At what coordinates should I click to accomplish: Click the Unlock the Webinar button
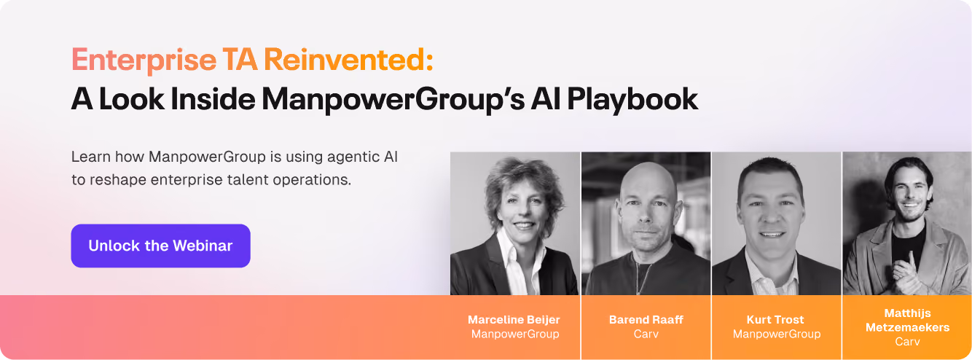coord(160,246)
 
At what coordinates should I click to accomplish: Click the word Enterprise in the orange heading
coord(144,60)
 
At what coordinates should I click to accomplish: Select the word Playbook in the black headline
coord(632,100)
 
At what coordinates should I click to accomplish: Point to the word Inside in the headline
coord(213,99)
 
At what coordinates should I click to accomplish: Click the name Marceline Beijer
coord(514,320)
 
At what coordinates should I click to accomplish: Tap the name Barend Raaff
coord(646,320)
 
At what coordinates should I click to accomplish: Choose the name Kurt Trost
coord(775,320)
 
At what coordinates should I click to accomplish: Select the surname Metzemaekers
coord(907,327)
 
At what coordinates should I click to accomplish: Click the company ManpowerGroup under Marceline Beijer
coord(515,334)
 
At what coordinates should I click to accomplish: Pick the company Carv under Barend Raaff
coord(646,334)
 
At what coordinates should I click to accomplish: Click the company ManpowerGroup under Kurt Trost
coord(777,334)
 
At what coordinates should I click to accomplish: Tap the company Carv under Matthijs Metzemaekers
coord(907,341)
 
